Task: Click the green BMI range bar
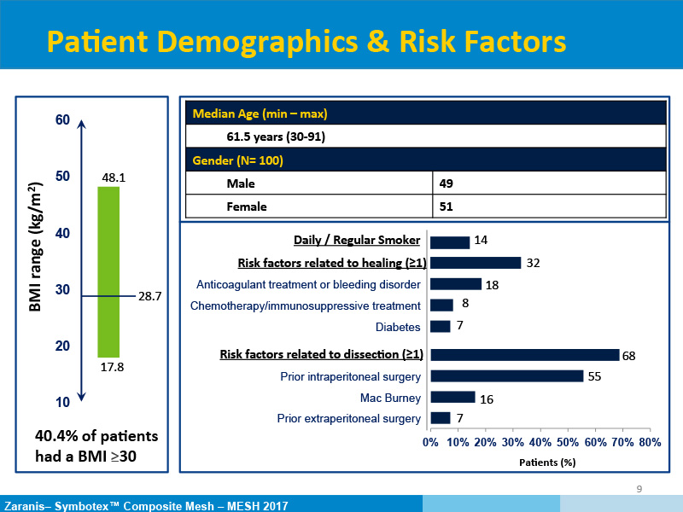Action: click(108, 271)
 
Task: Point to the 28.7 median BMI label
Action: click(149, 296)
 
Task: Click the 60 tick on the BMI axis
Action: click(62, 120)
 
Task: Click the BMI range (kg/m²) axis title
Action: click(37, 247)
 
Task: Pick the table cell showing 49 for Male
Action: click(446, 183)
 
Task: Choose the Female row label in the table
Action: click(247, 207)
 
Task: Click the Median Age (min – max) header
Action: click(260, 113)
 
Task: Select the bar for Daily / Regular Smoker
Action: click(450, 241)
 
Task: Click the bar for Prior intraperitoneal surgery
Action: click(507, 375)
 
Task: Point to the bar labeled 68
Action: click(525, 354)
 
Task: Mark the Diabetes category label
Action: click(398, 327)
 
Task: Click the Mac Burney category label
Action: click(391, 398)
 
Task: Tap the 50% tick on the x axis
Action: click(567, 442)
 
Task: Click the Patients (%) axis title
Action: click(548, 463)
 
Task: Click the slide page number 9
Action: click(639, 488)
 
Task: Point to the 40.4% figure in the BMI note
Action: click(55, 436)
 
